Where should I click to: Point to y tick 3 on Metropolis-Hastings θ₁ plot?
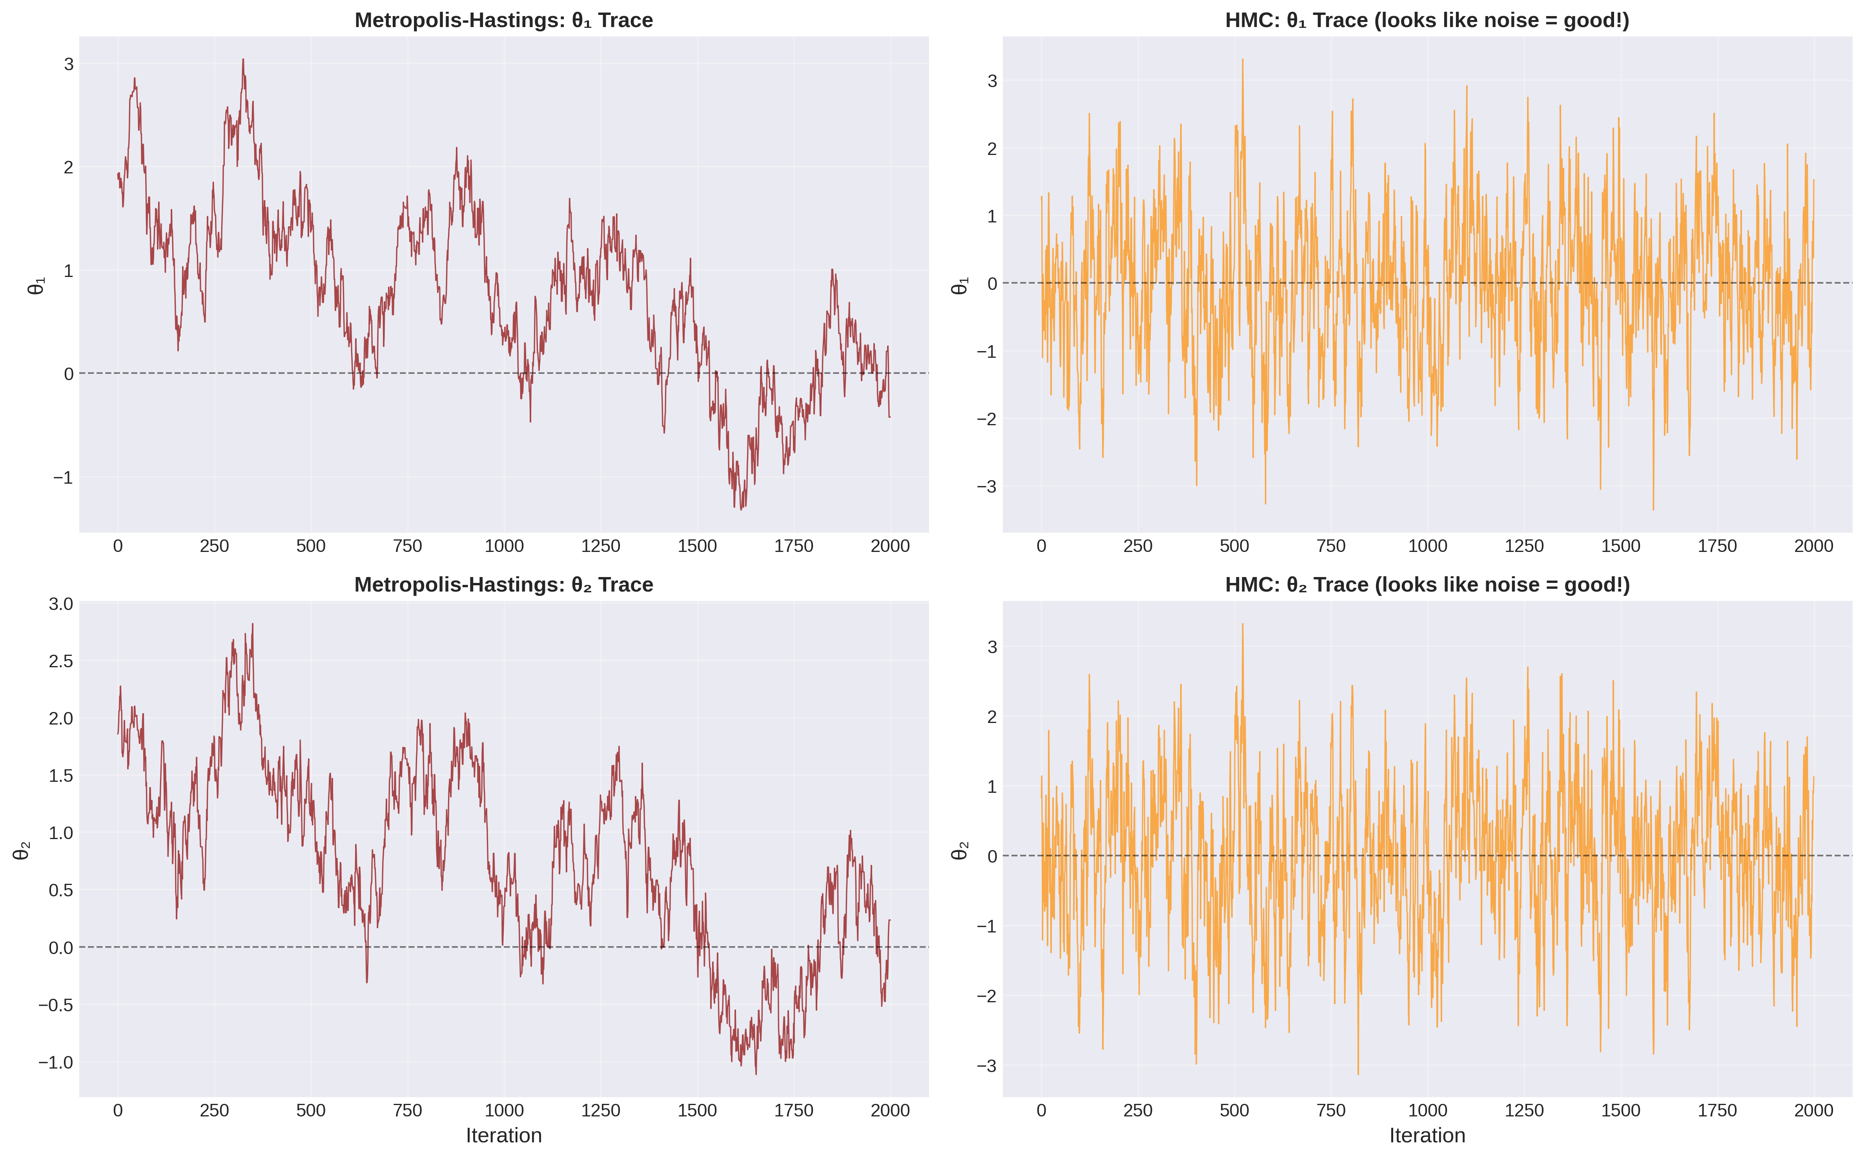(69, 64)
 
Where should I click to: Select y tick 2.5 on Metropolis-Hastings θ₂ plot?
(61, 661)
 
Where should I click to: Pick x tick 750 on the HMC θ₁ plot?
(1330, 546)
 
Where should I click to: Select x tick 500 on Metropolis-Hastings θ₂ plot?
(310, 1111)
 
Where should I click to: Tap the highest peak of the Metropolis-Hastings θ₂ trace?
(253, 623)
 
